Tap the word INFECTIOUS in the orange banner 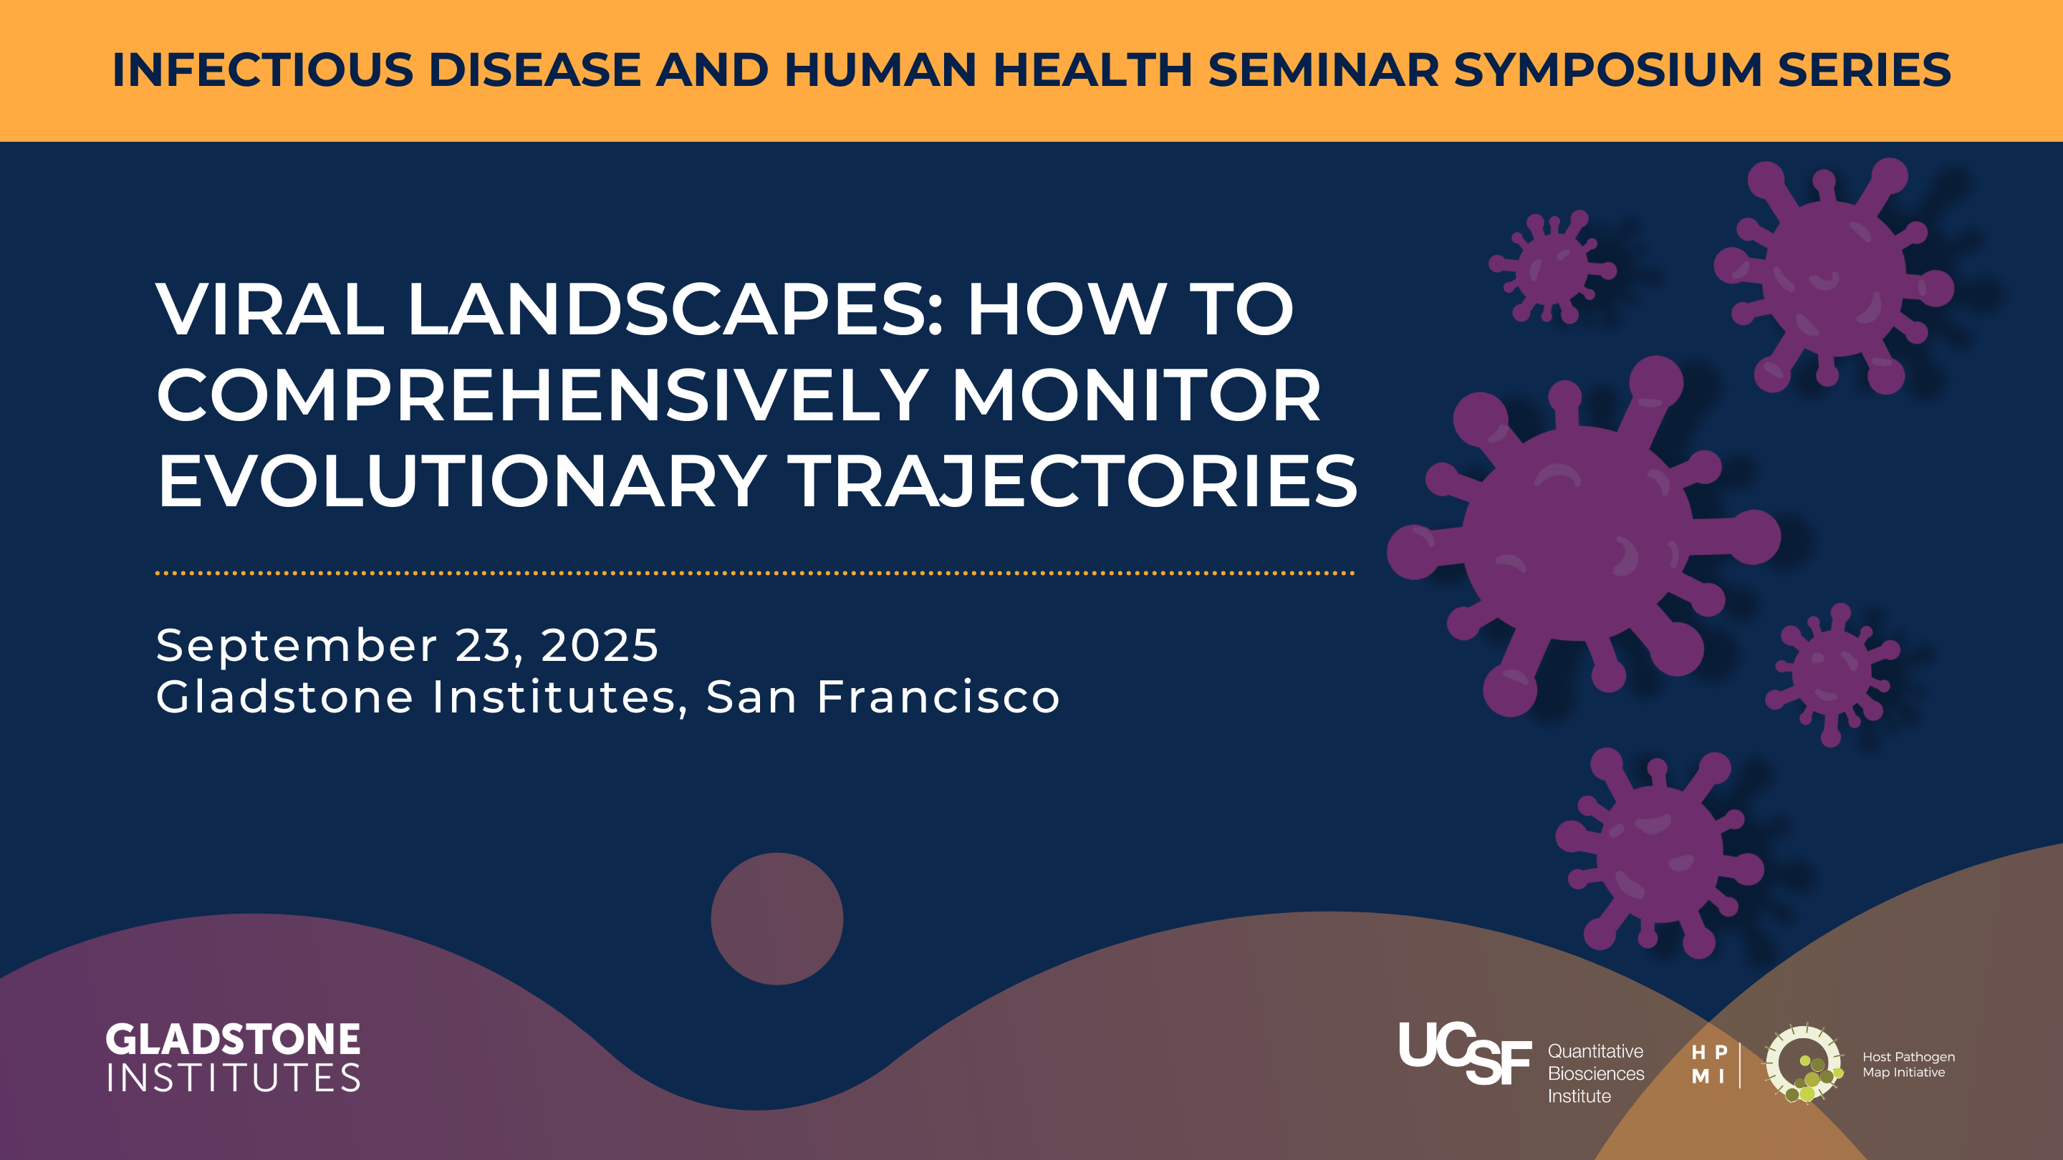[x=263, y=69]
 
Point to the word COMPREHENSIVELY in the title [x=542, y=395]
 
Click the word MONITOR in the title [x=1136, y=395]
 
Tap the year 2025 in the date [x=600, y=645]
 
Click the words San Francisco [x=883, y=697]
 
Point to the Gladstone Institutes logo [x=233, y=1058]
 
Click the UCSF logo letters [x=1465, y=1053]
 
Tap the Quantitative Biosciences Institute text [x=1595, y=1073]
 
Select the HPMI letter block [x=1709, y=1065]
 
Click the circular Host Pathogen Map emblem [x=1804, y=1064]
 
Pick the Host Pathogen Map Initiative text [x=1908, y=1065]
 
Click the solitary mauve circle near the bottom [x=776, y=918]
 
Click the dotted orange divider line [x=755, y=573]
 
